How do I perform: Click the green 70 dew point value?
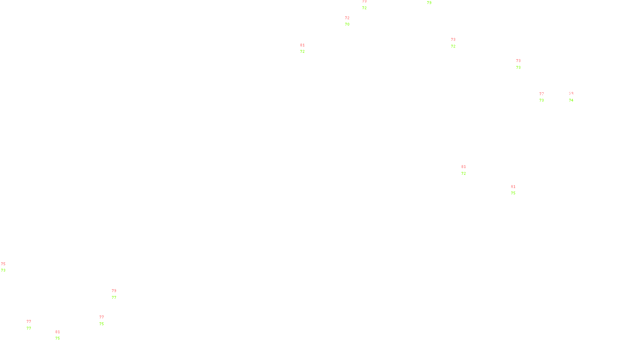click(347, 24)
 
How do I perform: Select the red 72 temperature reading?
click(347, 18)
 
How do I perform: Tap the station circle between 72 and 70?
click(351, 21)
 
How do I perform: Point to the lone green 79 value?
click(429, 3)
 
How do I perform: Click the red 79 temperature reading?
click(114, 291)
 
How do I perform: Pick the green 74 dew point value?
click(571, 100)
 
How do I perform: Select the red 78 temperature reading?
click(364, 2)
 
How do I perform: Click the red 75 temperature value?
click(3, 264)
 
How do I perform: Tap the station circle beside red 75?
click(7, 267)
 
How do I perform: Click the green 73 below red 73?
click(518, 68)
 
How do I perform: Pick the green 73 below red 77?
click(542, 100)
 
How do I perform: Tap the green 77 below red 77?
click(29, 328)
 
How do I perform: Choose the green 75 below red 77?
click(102, 324)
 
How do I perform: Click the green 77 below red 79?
click(114, 298)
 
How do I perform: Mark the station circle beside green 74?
click(575, 97)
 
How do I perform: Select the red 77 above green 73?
click(542, 94)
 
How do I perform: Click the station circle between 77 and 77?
click(33, 325)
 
